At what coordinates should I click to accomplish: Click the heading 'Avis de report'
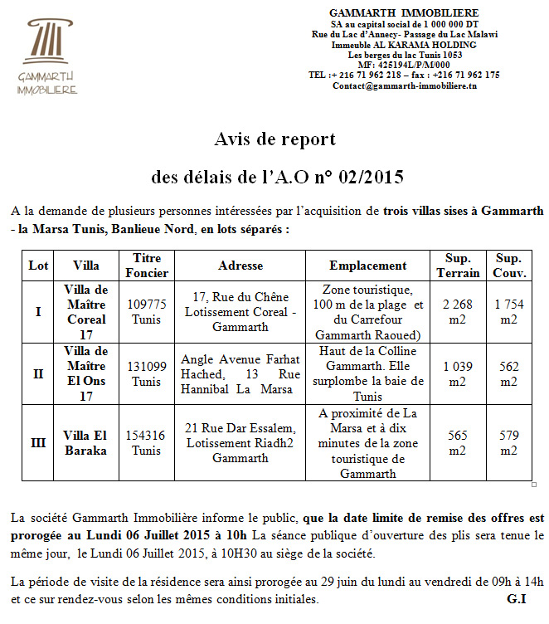point(274,139)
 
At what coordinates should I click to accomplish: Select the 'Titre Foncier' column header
point(147,266)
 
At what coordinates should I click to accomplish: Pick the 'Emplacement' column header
point(367,266)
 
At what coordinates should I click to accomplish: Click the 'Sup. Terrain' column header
point(458,266)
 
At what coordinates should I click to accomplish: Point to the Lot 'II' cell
point(38,374)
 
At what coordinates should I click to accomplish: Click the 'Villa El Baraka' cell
point(86,443)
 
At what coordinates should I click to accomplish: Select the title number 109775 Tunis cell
point(147,312)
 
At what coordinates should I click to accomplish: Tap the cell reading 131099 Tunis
point(147,374)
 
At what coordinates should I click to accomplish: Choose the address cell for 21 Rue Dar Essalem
point(240,443)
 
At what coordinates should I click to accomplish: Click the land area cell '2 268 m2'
point(458,312)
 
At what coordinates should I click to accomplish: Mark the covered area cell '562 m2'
point(508,374)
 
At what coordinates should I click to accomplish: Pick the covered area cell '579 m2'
point(508,443)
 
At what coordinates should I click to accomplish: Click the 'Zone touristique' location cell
point(367,312)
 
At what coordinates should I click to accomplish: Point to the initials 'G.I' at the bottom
point(516,598)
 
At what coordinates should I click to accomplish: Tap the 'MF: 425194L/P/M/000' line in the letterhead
point(404,65)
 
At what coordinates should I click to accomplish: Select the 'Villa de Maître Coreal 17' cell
point(86,312)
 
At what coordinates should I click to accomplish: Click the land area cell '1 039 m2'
point(458,374)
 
